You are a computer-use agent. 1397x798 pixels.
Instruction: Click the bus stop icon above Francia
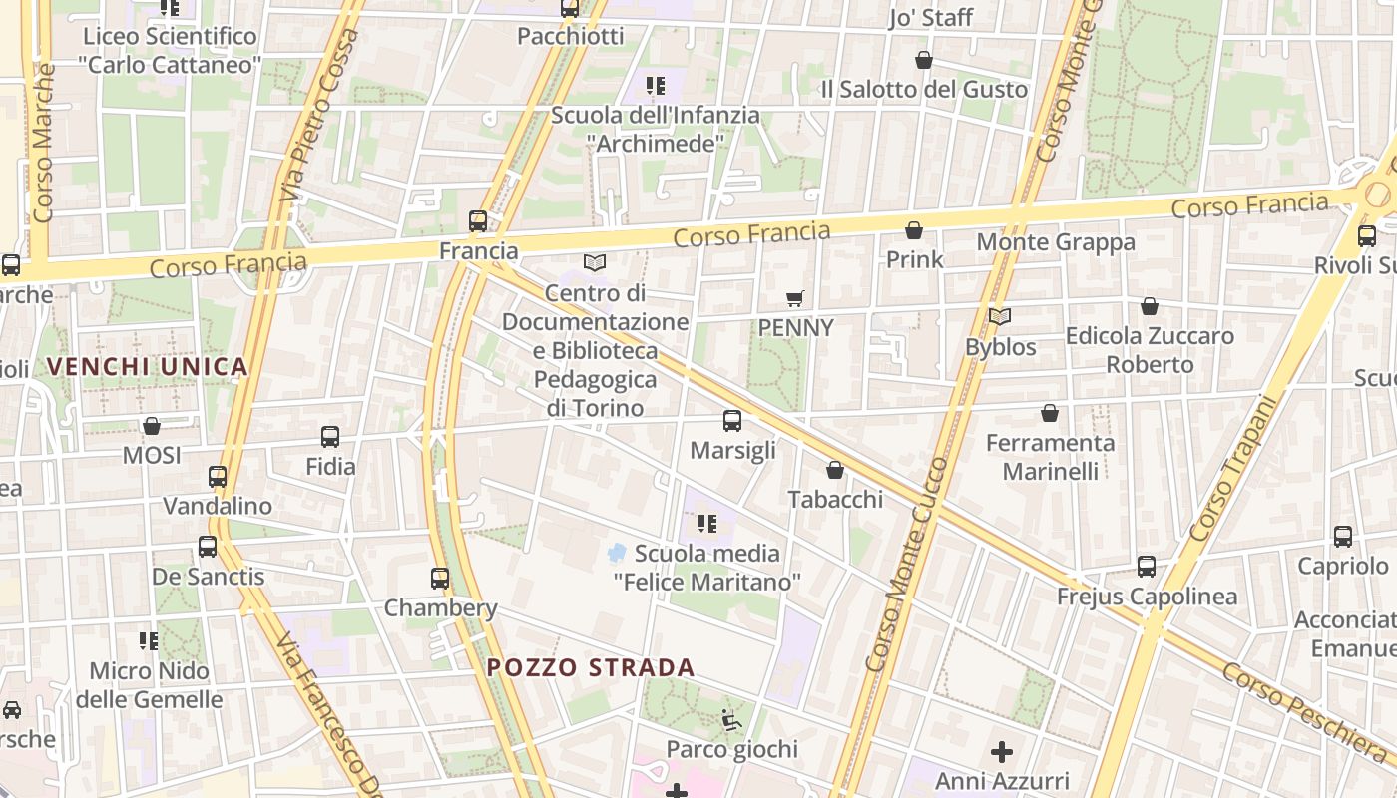coord(478,220)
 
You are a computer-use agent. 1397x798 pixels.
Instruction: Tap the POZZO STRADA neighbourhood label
coord(591,667)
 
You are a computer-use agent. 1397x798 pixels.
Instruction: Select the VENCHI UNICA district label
coord(148,366)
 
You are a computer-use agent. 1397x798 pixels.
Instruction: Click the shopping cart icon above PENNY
coord(795,298)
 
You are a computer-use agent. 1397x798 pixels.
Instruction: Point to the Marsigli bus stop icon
coord(732,421)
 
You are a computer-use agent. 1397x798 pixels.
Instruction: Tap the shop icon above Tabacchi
coord(835,470)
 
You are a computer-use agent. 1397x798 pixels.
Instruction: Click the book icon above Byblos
coord(1000,317)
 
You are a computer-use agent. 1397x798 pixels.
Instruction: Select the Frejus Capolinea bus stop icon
coord(1147,567)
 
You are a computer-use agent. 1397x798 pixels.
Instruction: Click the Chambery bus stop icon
coord(440,578)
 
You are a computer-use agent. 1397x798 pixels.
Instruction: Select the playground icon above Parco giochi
coord(731,719)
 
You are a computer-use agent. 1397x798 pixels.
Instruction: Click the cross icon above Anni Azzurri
coord(1002,751)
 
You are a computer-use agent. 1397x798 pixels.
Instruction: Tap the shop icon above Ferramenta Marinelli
coord(1050,412)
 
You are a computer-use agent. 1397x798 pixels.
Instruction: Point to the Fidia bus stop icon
coord(330,436)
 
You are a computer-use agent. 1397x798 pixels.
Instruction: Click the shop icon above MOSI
coord(152,426)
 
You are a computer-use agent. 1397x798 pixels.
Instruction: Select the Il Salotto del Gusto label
coord(924,89)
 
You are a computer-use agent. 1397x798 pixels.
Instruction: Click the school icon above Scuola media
coord(707,523)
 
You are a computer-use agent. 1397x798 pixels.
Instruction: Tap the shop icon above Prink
coord(914,230)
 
